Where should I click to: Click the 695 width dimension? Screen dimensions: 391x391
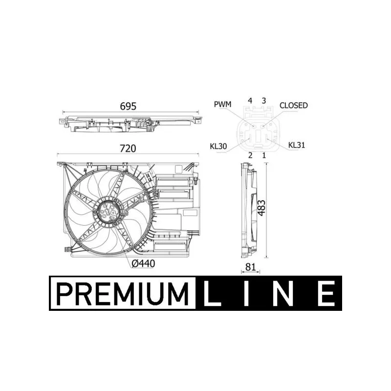pos(128,107)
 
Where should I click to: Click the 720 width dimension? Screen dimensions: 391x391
pos(128,149)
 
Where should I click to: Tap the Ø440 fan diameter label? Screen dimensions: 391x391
pos(143,263)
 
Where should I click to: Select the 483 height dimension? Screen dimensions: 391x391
pos(261,208)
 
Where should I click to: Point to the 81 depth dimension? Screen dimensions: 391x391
pos(250,267)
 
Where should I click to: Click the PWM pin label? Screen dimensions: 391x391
pos(223,104)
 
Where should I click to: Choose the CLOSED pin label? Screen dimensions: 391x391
pos(294,106)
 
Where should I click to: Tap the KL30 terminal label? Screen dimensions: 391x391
pos(218,146)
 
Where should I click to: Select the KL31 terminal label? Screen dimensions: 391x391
pos(297,145)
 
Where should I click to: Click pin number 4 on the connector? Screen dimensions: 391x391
pos(250,101)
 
